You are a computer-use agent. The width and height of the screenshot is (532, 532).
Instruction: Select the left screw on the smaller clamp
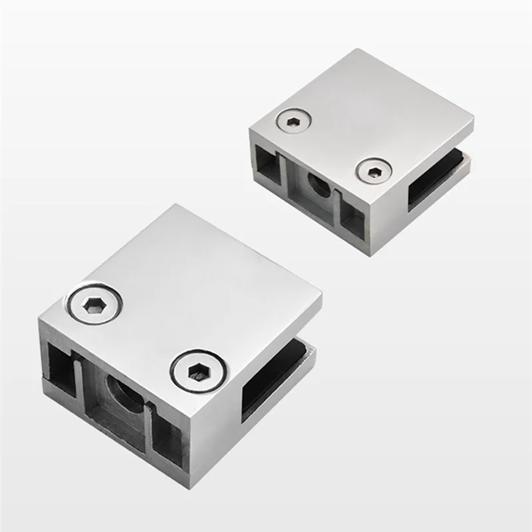[x=293, y=122]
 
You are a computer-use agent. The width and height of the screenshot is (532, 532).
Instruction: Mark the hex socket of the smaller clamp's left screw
[x=293, y=122]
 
